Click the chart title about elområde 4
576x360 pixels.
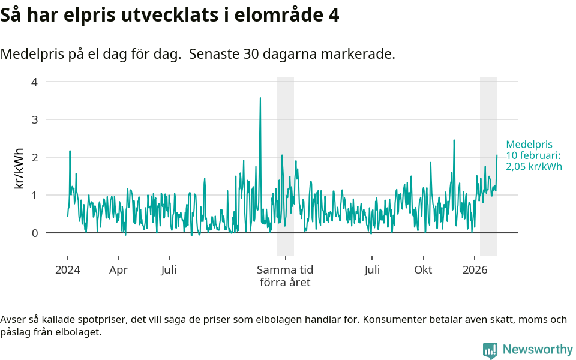[170, 15]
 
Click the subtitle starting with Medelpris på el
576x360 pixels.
[197, 54]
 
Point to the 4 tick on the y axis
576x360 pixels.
[34, 82]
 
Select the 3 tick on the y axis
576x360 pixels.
[34, 119]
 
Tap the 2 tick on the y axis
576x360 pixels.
[34, 157]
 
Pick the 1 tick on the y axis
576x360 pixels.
[34, 195]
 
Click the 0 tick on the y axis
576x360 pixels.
[34, 233]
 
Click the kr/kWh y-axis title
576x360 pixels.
[19, 168]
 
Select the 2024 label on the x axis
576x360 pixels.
[67, 269]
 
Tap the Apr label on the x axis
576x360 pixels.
[118, 269]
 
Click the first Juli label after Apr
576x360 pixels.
[169, 269]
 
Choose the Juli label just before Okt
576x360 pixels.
[372, 269]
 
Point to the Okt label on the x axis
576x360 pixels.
[423, 269]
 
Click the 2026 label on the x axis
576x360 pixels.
[475, 269]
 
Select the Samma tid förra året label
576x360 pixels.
[285, 276]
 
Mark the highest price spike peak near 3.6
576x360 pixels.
[260, 98]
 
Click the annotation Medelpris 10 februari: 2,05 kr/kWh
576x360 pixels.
[533, 155]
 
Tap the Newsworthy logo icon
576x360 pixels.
[490, 350]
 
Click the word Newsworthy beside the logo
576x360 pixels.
[538, 349]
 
